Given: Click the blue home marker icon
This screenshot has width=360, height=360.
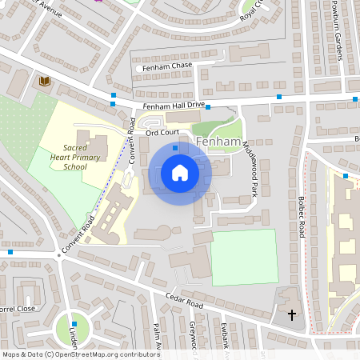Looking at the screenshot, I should click(x=179, y=173).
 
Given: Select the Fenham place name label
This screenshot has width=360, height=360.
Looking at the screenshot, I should click(x=218, y=142).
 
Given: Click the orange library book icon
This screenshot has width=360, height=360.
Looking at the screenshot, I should click(x=44, y=81).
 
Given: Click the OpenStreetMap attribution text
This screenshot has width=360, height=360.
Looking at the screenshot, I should click(x=81, y=354).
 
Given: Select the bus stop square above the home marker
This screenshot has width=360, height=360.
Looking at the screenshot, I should click(x=175, y=147).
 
